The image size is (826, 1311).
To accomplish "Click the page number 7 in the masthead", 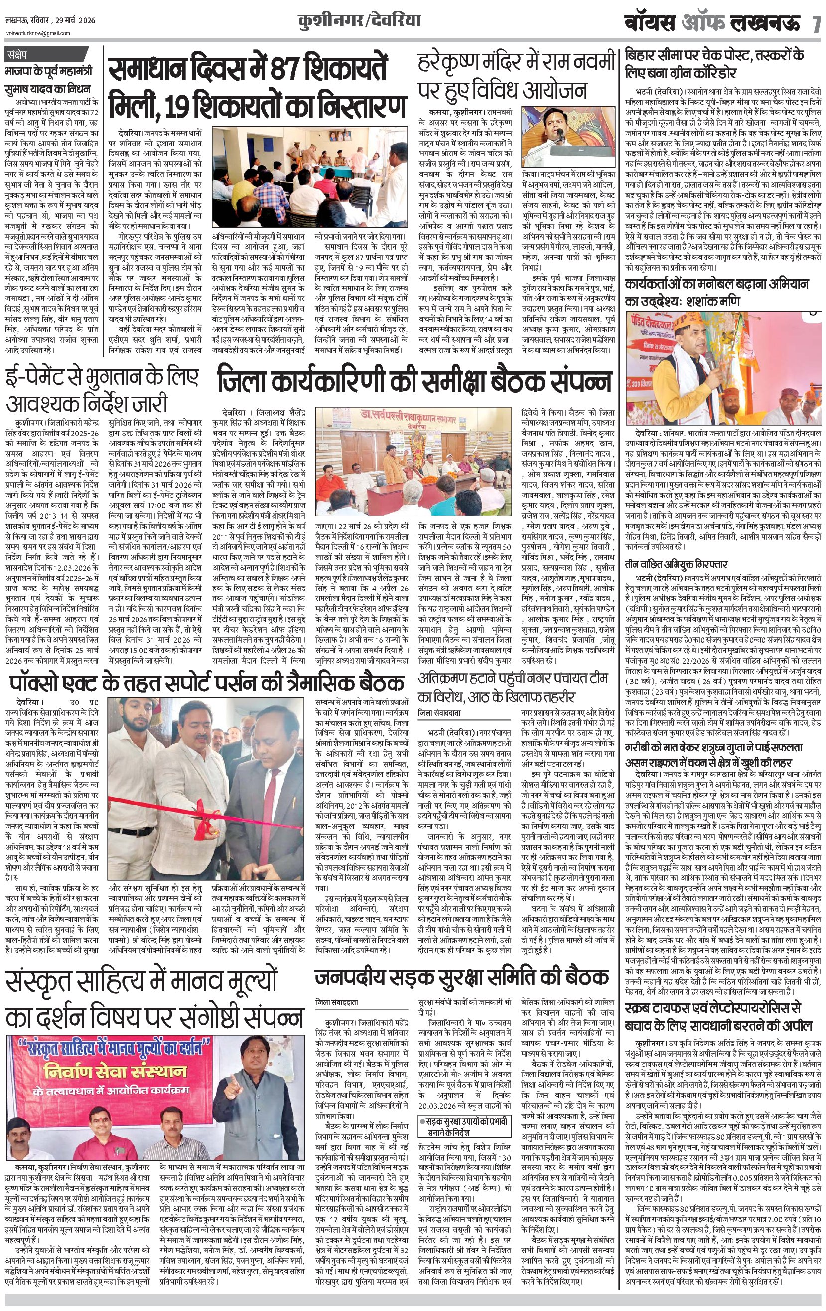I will click(815, 25).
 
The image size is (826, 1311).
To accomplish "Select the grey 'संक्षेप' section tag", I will click(21, 55).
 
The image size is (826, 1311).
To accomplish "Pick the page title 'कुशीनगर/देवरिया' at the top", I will click(359, 21).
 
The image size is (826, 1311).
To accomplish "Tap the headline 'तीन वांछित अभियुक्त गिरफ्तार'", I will click(676, 564).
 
